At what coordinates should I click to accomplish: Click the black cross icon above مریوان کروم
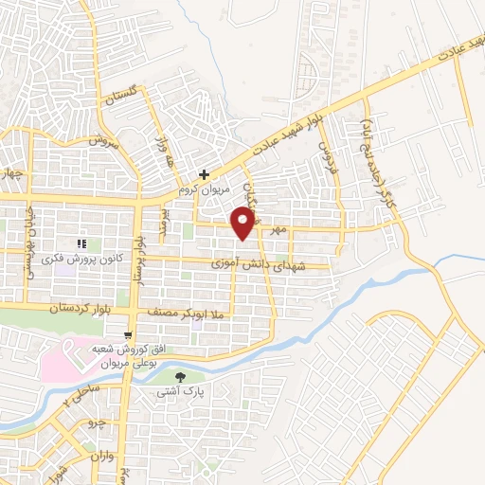point(204,174)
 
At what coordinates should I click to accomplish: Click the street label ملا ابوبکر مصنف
point(182,310)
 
